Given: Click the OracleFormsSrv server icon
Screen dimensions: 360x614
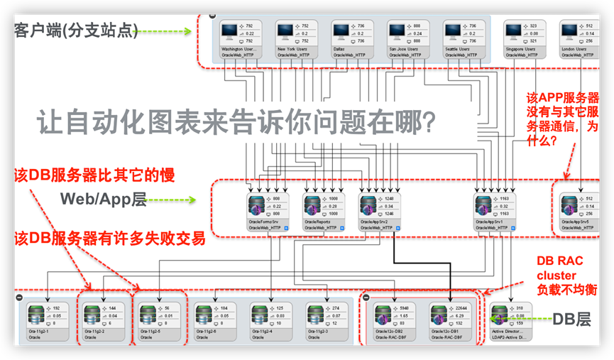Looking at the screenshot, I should (257, 207).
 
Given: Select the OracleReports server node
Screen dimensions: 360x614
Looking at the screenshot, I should (313, 207).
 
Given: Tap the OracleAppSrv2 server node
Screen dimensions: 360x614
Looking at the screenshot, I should (369, 207).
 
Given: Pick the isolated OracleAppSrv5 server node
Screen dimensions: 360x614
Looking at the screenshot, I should (570, 207).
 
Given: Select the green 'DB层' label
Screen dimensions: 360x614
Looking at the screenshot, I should (571, 320).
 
